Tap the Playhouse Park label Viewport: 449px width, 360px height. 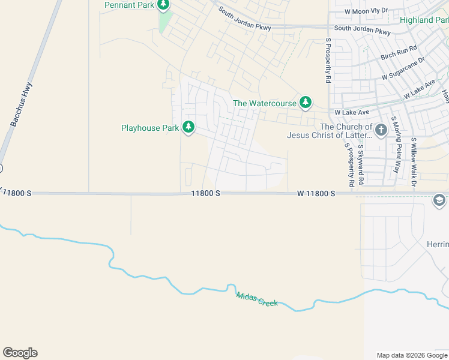[x=150, y=128]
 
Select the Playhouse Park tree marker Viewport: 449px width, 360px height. [x=188, y=127]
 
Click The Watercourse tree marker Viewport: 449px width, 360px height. [x=306, y=103]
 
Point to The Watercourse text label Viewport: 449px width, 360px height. [x=265, y=103]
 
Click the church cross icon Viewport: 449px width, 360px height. [x=381, y=130]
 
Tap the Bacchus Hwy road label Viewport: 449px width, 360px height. [x=20, y=104]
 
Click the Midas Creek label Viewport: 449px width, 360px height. [x=257, y=299]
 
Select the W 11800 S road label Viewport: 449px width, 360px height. [x=315, y=194]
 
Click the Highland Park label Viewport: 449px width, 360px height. [x=424, y=20]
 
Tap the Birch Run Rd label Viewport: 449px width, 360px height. [x=399, y=53]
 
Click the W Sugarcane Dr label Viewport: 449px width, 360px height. [x=403, y=68]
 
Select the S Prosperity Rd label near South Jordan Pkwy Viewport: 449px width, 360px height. [x=328, y=61]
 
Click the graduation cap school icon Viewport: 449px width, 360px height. [x=439, y=200]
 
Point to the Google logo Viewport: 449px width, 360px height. [x=20, y=353]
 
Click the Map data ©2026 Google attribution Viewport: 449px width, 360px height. [x=412, y=355]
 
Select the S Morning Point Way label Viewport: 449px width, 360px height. [x=395, y=145]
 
